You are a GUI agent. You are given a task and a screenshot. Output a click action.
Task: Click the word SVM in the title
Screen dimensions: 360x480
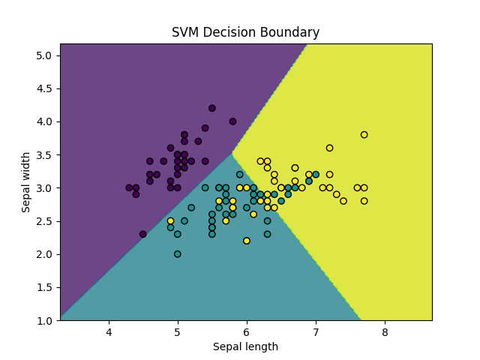pos(185,33)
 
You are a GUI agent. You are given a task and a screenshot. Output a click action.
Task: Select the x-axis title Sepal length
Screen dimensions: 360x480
pos(245,346)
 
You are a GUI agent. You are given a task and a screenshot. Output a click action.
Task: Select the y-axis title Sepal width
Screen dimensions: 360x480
pos(26,181)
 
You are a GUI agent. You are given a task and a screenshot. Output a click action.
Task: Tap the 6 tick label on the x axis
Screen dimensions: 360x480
pos(247,331)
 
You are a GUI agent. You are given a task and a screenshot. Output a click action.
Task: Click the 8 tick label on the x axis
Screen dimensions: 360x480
pos(385,331)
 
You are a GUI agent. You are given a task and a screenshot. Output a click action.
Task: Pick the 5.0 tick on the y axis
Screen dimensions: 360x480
pos(45,55)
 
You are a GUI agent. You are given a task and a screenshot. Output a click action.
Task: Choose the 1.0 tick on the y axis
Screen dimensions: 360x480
pos(45,320)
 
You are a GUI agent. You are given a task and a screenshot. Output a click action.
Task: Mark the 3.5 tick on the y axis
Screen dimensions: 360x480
pos(45,154)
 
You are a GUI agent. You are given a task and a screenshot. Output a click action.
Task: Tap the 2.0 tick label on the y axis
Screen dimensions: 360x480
pos(45,254)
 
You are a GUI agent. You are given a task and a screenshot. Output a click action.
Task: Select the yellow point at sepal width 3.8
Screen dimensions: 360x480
pos(364,135)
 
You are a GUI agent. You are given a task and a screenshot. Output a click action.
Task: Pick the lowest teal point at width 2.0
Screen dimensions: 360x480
pos(178,254)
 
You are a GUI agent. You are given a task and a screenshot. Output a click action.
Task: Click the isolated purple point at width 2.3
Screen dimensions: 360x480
pos(143,234)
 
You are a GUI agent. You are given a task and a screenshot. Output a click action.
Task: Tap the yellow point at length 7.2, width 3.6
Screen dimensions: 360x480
pos(329,148)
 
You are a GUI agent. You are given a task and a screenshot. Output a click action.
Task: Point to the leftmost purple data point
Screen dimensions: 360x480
pos(129,187)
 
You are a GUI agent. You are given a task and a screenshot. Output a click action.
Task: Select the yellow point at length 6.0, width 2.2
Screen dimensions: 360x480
pos(247,241)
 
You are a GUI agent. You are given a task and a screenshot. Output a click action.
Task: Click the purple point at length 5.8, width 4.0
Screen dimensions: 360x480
pos(232,121)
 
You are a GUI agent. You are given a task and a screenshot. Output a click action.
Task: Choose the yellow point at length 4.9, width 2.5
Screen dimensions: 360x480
pos(171,221)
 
